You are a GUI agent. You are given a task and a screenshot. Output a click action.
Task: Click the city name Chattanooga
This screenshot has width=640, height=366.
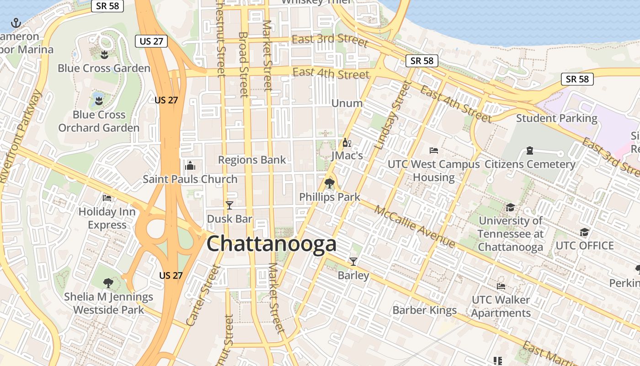tap(272, 244)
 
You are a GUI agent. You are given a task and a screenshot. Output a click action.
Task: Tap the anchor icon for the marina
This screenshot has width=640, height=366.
tap(16, 22)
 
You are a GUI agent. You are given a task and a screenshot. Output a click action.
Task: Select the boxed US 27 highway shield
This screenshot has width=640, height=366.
tap(151, 41)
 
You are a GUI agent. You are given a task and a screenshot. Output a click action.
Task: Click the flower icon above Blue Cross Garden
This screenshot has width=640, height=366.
tap(104, 55)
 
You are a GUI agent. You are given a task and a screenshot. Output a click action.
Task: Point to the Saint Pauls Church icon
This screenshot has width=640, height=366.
tap(190, 166)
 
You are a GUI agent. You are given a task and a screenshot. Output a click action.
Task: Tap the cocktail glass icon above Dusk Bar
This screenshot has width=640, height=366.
tap(229, 205)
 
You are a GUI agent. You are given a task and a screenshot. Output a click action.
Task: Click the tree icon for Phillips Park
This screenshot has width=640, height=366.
tap(329, 183)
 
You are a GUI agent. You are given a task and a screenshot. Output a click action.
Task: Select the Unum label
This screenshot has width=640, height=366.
tap(347, 103)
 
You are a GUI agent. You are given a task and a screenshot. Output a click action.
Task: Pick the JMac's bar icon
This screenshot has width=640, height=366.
tap(347, 143)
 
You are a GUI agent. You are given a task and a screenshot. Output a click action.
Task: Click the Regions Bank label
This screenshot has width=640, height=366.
tap(252, 160)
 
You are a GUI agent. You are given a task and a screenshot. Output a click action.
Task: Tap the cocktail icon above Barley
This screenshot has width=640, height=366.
tap(353, 262)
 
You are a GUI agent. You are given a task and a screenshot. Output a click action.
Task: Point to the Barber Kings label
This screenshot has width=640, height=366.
tap(425, 310)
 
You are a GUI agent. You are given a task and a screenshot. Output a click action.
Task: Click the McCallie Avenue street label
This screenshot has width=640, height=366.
tap(415, 226)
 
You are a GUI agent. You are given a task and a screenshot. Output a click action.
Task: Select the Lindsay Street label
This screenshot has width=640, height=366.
tap(393, 115)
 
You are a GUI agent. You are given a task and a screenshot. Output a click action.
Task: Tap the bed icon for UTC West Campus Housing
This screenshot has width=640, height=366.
tap(434, 150)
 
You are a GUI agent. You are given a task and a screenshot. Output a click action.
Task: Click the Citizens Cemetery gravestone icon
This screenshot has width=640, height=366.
tap(530, 150)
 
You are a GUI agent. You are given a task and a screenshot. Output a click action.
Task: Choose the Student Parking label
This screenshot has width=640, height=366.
tap(556, 118)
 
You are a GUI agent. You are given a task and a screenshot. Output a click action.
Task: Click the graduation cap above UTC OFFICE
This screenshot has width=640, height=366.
tap(584, 232)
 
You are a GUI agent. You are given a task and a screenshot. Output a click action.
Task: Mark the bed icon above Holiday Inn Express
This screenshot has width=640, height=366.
tap(107, 198)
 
